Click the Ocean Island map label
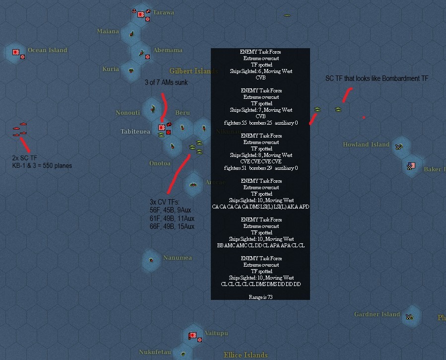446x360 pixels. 47,50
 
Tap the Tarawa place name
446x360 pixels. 164,12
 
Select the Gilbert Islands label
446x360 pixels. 193,71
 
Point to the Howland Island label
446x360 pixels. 366,144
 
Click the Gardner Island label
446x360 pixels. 377,314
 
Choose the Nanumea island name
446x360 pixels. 177,258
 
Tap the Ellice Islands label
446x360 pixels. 245,355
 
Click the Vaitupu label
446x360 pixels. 216,333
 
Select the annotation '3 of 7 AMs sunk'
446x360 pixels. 166,82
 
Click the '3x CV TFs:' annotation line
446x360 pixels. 164,202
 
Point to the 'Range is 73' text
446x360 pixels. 260,297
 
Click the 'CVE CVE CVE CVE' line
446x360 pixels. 260,162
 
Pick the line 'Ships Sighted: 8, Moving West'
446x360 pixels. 260,155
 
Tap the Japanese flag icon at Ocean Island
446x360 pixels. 15,51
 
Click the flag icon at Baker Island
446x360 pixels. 411,165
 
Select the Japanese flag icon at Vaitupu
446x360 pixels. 192,336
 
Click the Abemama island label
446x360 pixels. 167,50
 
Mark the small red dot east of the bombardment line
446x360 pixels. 364,118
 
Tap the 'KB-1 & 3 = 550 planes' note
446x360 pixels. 42,165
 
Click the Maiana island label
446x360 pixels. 108,31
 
